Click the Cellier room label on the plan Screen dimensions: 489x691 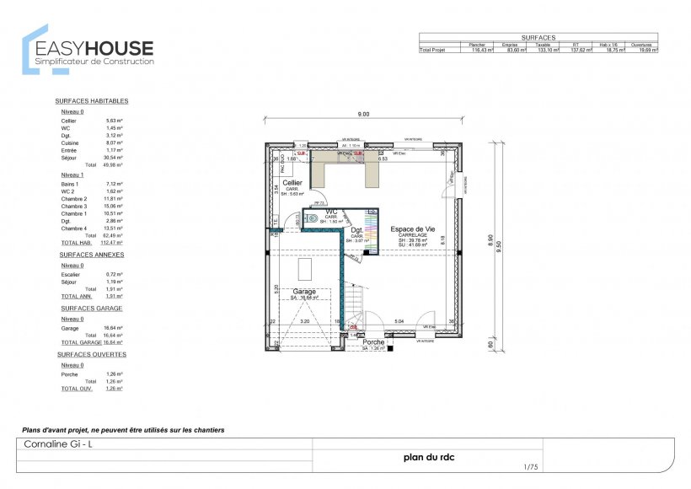click(292, 183)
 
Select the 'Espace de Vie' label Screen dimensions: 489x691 click(413, 228)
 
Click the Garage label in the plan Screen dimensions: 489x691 click(304, 291)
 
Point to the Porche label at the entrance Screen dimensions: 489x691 click(373, 342)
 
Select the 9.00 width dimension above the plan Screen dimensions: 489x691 click(363, 114)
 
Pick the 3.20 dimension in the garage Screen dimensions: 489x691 click(305, 321)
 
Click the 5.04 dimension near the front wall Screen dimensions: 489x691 click(399, 321)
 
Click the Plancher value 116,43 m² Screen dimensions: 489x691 click(480, 51)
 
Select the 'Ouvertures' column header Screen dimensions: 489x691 click(646, 44)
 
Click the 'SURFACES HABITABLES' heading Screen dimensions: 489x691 click(91, 100)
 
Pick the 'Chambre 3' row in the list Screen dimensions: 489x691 click(75, 206)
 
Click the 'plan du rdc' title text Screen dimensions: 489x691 click(429, 458)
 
